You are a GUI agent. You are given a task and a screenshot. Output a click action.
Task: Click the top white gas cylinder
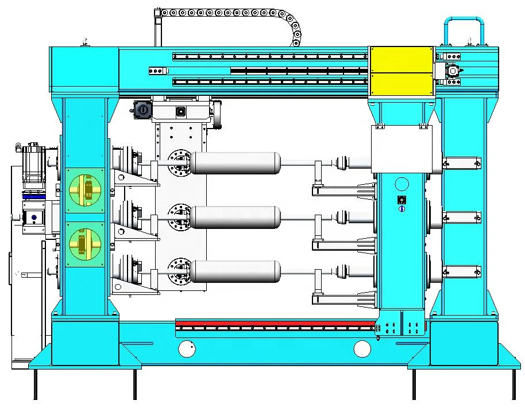pos(236,163)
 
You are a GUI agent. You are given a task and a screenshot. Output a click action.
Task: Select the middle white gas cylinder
pos(236,217)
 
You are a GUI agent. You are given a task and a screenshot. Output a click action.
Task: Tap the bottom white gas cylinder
pos(236,271)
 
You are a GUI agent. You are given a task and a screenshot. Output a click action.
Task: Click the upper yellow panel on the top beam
pos(402,60)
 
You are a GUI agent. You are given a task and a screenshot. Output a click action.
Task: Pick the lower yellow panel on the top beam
pos(402,83)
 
